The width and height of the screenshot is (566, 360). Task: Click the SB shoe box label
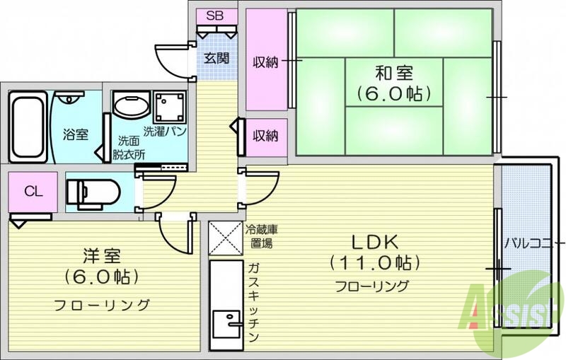tap(212, 15)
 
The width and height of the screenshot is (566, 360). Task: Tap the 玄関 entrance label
tap(216, 59)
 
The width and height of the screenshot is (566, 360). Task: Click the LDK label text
tap(375, 241)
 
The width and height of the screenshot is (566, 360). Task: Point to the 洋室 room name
tap(100, 253)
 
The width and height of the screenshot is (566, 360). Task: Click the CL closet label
tap(30, 191)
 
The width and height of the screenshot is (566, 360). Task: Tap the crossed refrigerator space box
tap(226, 238)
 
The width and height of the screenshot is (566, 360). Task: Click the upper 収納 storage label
tap(266, 62)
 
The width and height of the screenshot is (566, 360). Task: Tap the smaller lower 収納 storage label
tap(266, 137)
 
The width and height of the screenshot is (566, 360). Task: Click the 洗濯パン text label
tap(164, 132)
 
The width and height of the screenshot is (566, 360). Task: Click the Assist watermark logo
tap(514, 311)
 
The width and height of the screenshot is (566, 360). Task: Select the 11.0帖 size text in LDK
tap(375, 262)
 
